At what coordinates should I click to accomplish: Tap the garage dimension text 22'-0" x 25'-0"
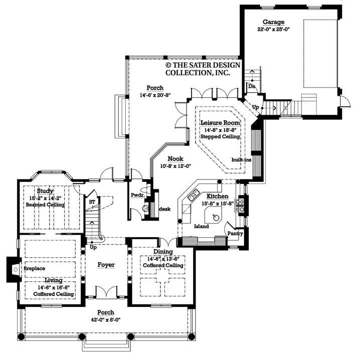[274, 29]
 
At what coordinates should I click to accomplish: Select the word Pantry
[235, 233]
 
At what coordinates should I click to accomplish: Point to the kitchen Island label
[202, 226]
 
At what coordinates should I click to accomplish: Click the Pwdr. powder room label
[138, 195]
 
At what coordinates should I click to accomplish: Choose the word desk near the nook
[165, 208]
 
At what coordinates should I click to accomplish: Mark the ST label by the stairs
[92, 202]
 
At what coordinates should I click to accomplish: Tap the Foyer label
[106, 264]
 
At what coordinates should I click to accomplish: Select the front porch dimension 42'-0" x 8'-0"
[106, 319]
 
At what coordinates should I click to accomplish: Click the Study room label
[45, 191]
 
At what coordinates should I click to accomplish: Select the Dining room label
[163, 252]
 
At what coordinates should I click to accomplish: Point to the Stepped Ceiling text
[220, 136]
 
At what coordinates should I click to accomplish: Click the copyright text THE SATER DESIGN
[203, 65]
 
